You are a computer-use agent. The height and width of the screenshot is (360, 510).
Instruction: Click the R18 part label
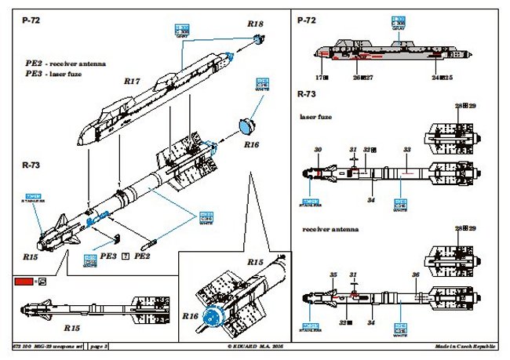[x=255, y=25]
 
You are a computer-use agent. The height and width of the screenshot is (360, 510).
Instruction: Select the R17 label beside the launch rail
[x=131, y=79]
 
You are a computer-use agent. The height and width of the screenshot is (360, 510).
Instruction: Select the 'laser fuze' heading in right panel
[x=315, y=118]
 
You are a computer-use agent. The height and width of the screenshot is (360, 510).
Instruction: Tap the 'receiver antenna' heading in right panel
[x=326, y=229]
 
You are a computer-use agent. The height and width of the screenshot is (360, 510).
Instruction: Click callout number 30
[x=318, y=149]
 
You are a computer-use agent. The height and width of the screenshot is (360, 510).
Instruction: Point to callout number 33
[x=406, y=150]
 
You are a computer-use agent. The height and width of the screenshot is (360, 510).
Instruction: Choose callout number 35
[x=333, y=275]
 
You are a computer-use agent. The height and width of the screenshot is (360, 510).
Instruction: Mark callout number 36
[x=414, y=275]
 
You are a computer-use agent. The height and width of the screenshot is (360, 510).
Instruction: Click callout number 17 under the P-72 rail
[x=320, y=78]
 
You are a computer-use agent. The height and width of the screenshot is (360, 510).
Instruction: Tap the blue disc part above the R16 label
[x=249, y=124]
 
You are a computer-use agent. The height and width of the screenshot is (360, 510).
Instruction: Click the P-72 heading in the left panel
[x=31, y=24]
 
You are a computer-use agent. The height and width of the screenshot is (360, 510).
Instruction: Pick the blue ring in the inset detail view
[x=210, y=318]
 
